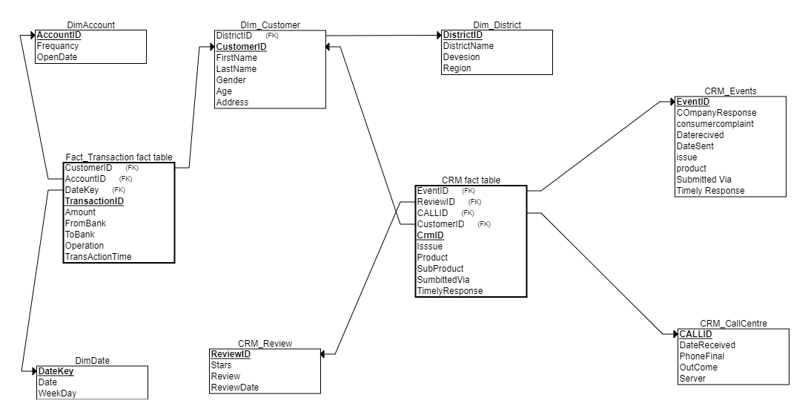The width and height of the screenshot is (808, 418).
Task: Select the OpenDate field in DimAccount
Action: click(x=57, y=57)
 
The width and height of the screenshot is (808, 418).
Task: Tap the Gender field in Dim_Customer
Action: click(x=231, y=80)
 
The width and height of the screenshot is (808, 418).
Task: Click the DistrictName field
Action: click(x=468, y=46)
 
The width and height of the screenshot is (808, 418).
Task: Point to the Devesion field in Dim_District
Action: click(x=461, y=57)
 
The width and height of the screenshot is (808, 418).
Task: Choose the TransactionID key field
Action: click(x=94, y=201)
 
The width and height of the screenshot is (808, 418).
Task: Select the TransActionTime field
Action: click(x=99, y=257)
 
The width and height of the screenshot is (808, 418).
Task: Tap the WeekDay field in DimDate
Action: click(x=57, y=393)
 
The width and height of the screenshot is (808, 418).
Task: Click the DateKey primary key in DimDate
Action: click(x=56, y=371)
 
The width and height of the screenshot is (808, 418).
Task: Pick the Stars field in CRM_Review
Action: click(x=221, y=365)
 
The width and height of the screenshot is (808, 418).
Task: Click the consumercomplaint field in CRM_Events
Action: click(x=715, y=124)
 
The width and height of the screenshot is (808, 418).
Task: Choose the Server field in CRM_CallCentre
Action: click(x=692, y=379)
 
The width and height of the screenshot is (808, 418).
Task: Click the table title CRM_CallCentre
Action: click(x=733, y=324)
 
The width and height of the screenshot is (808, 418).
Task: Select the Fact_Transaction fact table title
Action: click(x=119, y=157)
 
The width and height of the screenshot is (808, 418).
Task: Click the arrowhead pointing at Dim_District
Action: click(x=439, y=35)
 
